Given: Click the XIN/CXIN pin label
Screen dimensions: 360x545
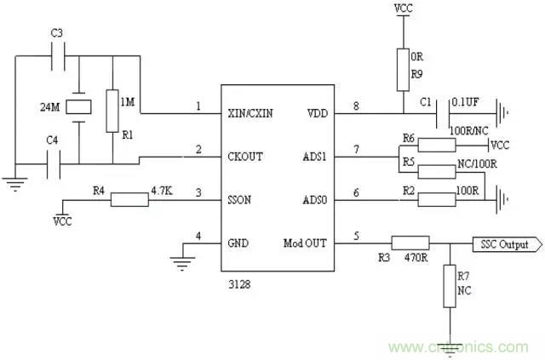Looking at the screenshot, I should (x=253, y=111).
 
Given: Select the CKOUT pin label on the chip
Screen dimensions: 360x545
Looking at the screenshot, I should (x=246, y=157).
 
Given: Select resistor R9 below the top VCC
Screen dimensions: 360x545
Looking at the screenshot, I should (x=403, y=67).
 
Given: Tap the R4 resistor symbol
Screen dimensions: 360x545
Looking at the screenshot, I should (x=129, y=201).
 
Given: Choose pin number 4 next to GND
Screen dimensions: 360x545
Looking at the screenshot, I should (x=198, y=236).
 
